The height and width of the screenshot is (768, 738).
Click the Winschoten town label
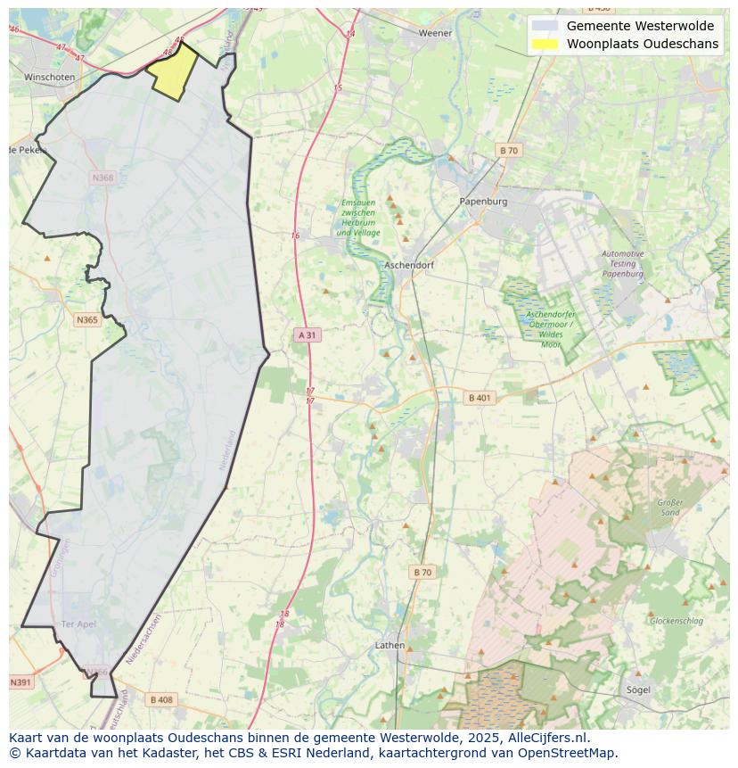pyautogui.click(x=49, y=78)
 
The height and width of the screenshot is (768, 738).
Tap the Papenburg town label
pyautogui.click(x=483, y=202)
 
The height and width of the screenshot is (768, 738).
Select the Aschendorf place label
pyautogui.click(x=408, y=266)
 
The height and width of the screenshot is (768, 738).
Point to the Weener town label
pyautogui.click(x=436, y=33)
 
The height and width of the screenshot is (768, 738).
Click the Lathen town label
pyautogui.click(x=389, y=645)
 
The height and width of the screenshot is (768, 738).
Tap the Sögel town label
pyautogui.click(x=638, y=690)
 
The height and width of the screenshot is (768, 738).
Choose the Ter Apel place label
pyautogui.click(x=78, y=623)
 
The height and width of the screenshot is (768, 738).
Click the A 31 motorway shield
pyautogui.click(x=307, y=335)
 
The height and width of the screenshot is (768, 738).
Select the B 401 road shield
pyautogui.click(x=480, y=398)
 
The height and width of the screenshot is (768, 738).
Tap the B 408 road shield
pyautogui.click(x=161, y=699)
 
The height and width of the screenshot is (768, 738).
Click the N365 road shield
pyautogui.click(x=87, y=319)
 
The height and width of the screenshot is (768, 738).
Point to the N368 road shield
pyautogui.click(x=103, y=178)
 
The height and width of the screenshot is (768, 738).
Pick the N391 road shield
pyautogui.click(x=20, y=682)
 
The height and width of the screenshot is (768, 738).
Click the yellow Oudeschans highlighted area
pyautogui.click(x=172, y=71)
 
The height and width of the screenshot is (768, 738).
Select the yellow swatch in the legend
pyautogui.click(x=545, y=44)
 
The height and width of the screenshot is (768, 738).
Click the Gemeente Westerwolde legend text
pyautogui.click(x=640, y=26)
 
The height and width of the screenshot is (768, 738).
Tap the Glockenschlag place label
pyautogui.click(x=676, y=621)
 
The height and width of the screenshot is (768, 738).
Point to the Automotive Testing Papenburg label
pyautogui.click(x=623, y=264)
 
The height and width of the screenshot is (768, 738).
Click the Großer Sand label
pyautogui.click(x=670, y=508)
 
